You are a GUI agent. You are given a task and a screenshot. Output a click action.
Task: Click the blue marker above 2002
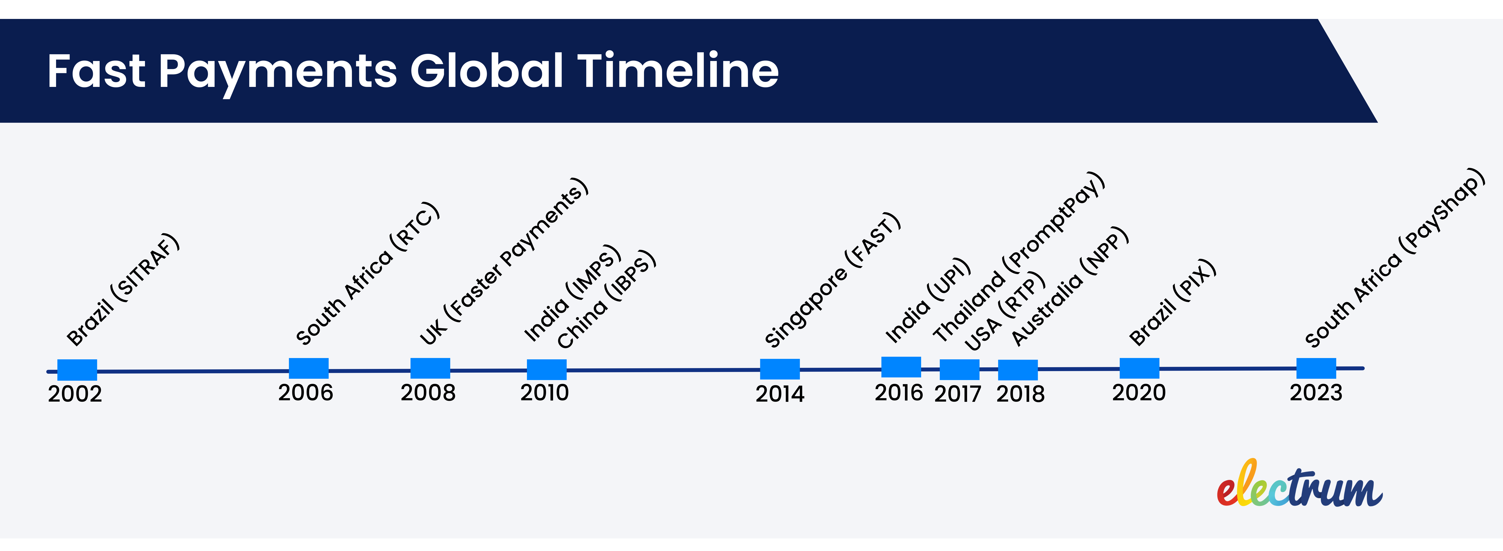pos(77,370)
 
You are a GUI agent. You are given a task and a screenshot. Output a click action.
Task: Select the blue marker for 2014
pos(779,369)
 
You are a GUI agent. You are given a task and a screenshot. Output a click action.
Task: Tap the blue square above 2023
pos(1316,368)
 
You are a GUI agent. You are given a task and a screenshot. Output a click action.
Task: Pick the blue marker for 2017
pos(959,370)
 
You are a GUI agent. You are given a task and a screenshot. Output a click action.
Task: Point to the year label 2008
pos(428,393)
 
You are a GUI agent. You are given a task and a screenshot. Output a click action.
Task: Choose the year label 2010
pos(544,393)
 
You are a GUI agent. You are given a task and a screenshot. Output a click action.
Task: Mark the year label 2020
pos(1138,393)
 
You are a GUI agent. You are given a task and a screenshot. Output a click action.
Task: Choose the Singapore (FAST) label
pos(833,280)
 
